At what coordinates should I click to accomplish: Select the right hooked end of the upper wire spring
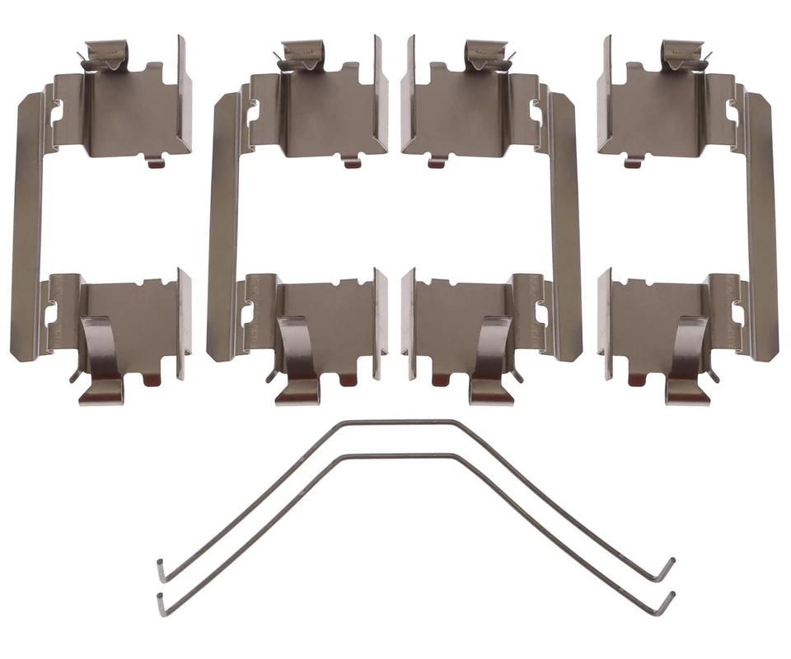669,568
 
